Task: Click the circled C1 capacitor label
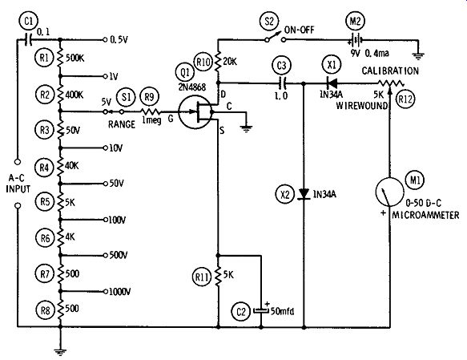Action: pos(28,22)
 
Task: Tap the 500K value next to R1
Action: pos(74,58)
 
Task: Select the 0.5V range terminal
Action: pos(105,39)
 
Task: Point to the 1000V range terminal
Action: pos(105,291)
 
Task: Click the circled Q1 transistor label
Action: pos(185,73)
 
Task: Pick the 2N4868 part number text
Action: pos(192,87)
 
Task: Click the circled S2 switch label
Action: pos(269,22)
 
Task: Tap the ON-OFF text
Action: pos(299,30)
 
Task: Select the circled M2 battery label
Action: pos(355,22)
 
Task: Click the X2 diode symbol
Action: pos(304,194)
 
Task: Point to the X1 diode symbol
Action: pos(332,83)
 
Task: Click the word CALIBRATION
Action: pos(390,71)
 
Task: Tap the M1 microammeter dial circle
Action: pos(389,192)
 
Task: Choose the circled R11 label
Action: pos(202,277)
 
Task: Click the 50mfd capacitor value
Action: pos(282,311)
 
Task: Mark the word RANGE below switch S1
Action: pos(122,124)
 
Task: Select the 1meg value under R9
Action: pos(151,121)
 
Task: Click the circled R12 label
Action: pos(405,99)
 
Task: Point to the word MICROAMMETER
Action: pos(425,215)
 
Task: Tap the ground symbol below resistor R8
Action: pos(60,353)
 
